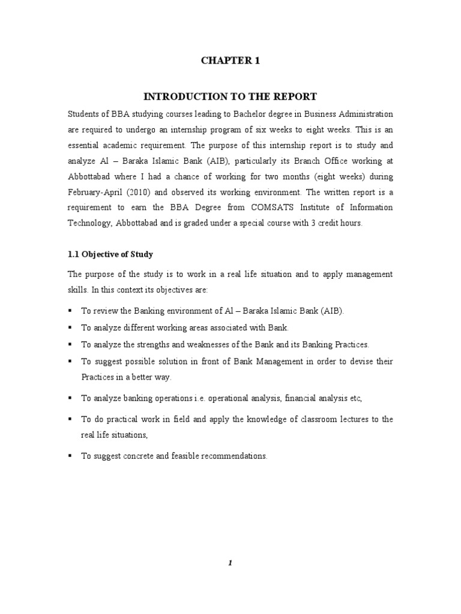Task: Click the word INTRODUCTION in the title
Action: [176, 97]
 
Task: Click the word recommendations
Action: [230, 456]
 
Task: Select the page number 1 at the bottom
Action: [230, 562]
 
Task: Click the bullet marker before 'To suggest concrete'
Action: [71, 456]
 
